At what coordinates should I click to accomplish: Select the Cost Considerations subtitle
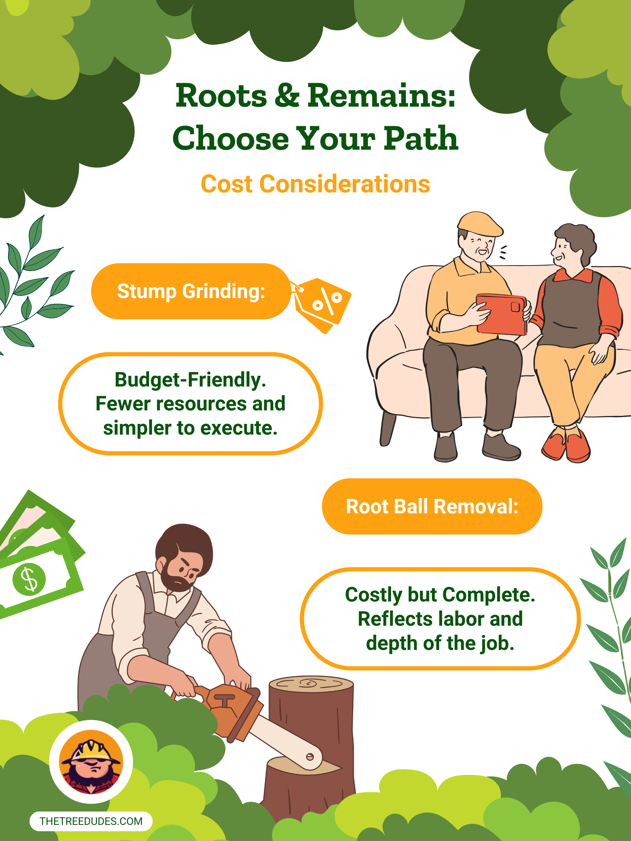(315, 184)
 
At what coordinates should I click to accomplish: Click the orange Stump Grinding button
(191, 291)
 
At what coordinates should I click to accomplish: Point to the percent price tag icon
(322, 304)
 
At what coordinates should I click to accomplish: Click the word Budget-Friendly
(190, 380)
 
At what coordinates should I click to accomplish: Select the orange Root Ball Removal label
(432, 506)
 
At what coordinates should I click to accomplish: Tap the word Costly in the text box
(373, 595)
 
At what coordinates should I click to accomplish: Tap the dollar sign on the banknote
(29, 579)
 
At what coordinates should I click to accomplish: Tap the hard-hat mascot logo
(91, 762)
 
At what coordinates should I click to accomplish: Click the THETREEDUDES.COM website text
(91, 821)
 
